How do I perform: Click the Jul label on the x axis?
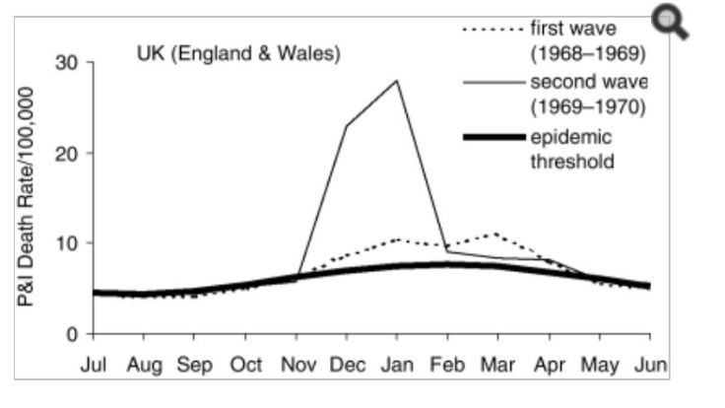94,365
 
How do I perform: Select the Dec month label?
347,365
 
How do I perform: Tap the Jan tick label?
397,365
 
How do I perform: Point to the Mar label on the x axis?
497,365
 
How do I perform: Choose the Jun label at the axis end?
650,365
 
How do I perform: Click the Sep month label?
194,365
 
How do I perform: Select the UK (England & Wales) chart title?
237,54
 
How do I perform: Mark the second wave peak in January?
397,81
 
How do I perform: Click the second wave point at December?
347,126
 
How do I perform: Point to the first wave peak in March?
496,235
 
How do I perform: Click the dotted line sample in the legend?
494,30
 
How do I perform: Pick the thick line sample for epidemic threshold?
494,137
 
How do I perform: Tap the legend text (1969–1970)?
587,105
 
